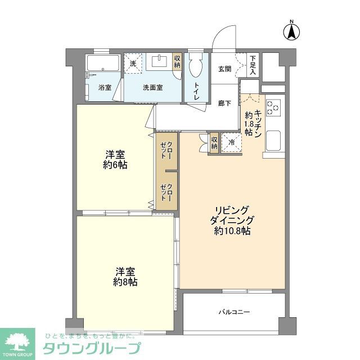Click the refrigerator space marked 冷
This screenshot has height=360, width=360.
click(231, 142)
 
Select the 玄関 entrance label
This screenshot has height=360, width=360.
click(224, 69)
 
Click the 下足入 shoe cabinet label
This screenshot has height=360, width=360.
click(253, 65)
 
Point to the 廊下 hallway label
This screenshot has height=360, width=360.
click(224, 103)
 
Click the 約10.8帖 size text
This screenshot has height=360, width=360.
click(232, 231)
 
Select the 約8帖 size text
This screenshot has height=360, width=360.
click(124, 282)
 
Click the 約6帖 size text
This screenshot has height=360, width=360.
click(114, 165)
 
